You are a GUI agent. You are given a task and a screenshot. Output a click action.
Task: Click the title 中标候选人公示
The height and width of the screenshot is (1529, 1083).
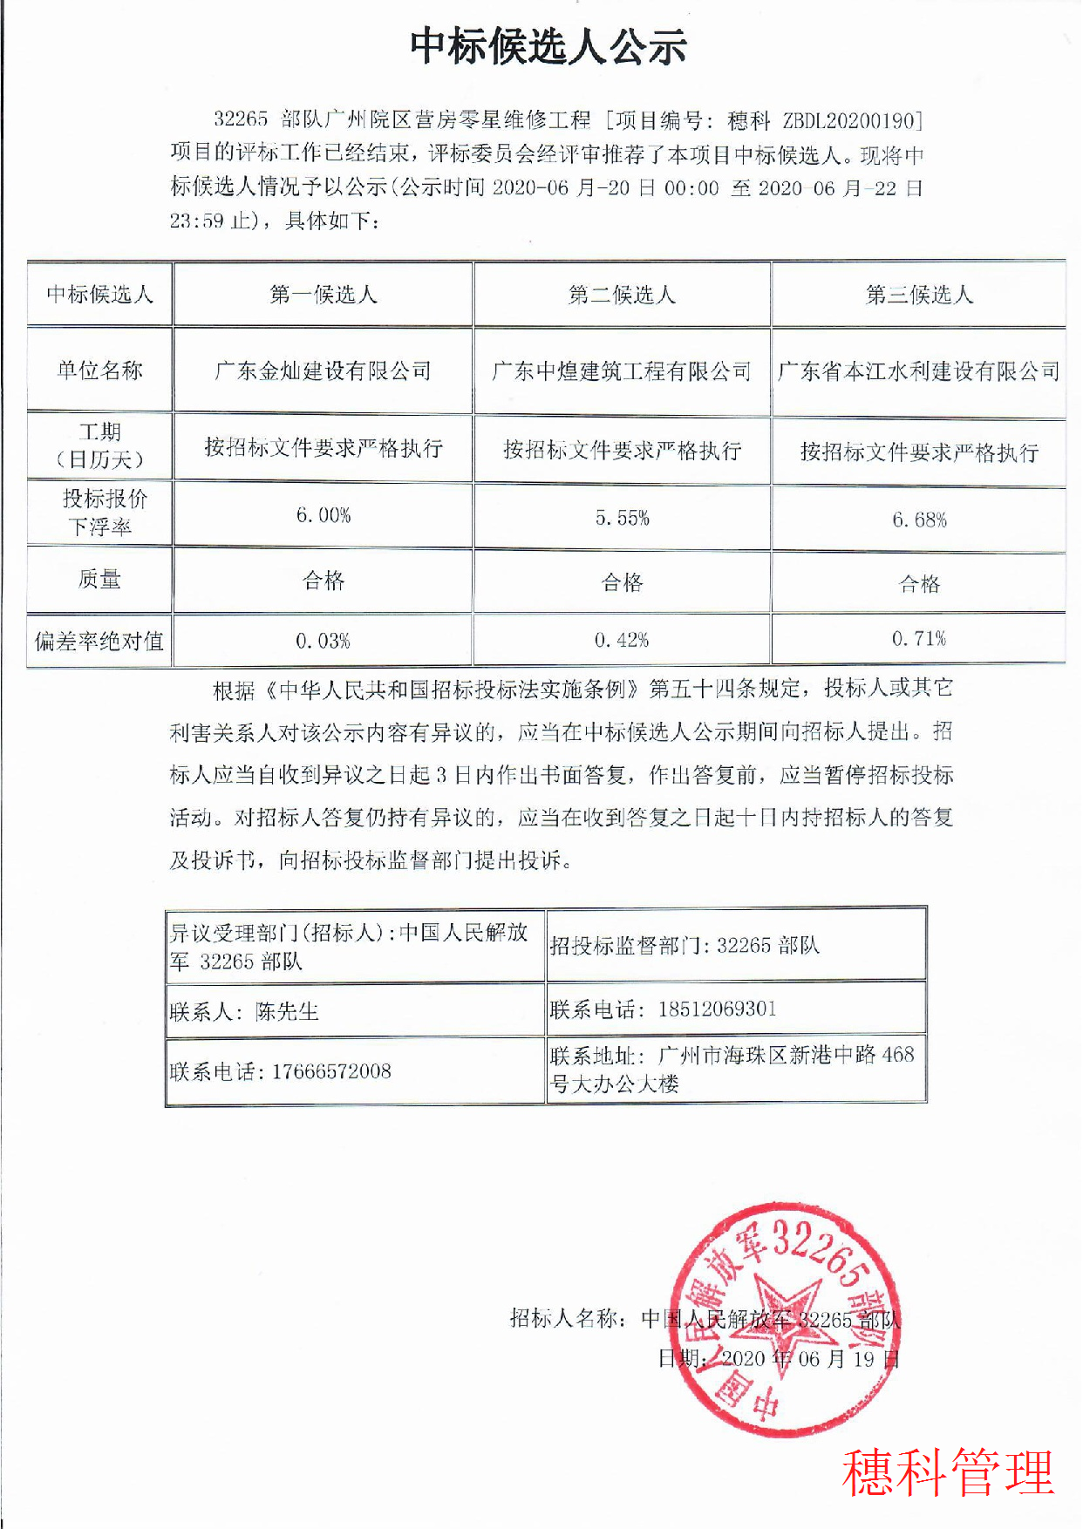[548, 46]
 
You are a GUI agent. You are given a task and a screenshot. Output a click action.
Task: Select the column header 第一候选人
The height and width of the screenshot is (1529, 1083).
[324, 295]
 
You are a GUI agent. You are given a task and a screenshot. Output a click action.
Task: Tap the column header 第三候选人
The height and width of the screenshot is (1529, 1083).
[919, 295]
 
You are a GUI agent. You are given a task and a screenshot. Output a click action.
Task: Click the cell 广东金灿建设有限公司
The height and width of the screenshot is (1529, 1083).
[324, 371]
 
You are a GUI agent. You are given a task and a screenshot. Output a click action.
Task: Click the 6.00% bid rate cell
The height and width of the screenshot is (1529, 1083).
[324, 516]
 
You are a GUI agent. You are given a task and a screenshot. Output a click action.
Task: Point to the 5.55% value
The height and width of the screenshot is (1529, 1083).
[623, 519]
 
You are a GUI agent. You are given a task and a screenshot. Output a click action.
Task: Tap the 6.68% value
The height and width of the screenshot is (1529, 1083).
[919, 520]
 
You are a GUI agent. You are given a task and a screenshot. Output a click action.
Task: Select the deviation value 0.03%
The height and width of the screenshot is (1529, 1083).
[324, 642]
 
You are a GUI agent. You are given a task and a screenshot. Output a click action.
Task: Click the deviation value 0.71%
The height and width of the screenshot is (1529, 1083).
[919, 639]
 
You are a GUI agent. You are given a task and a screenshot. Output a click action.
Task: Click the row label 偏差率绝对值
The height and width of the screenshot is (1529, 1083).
[99, 642]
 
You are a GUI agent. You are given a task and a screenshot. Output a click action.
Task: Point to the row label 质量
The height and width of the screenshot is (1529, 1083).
[99, 579]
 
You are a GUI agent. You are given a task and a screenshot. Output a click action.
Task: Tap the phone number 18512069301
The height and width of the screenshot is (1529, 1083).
[717, 1009]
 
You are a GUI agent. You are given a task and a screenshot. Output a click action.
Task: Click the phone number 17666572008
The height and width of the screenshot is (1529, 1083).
[331, 1071]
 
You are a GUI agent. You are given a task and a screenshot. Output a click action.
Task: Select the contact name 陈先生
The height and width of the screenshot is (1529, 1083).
[287, 1011]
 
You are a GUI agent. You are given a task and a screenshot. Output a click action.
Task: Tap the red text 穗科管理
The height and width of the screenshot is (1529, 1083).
[948, 1472]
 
